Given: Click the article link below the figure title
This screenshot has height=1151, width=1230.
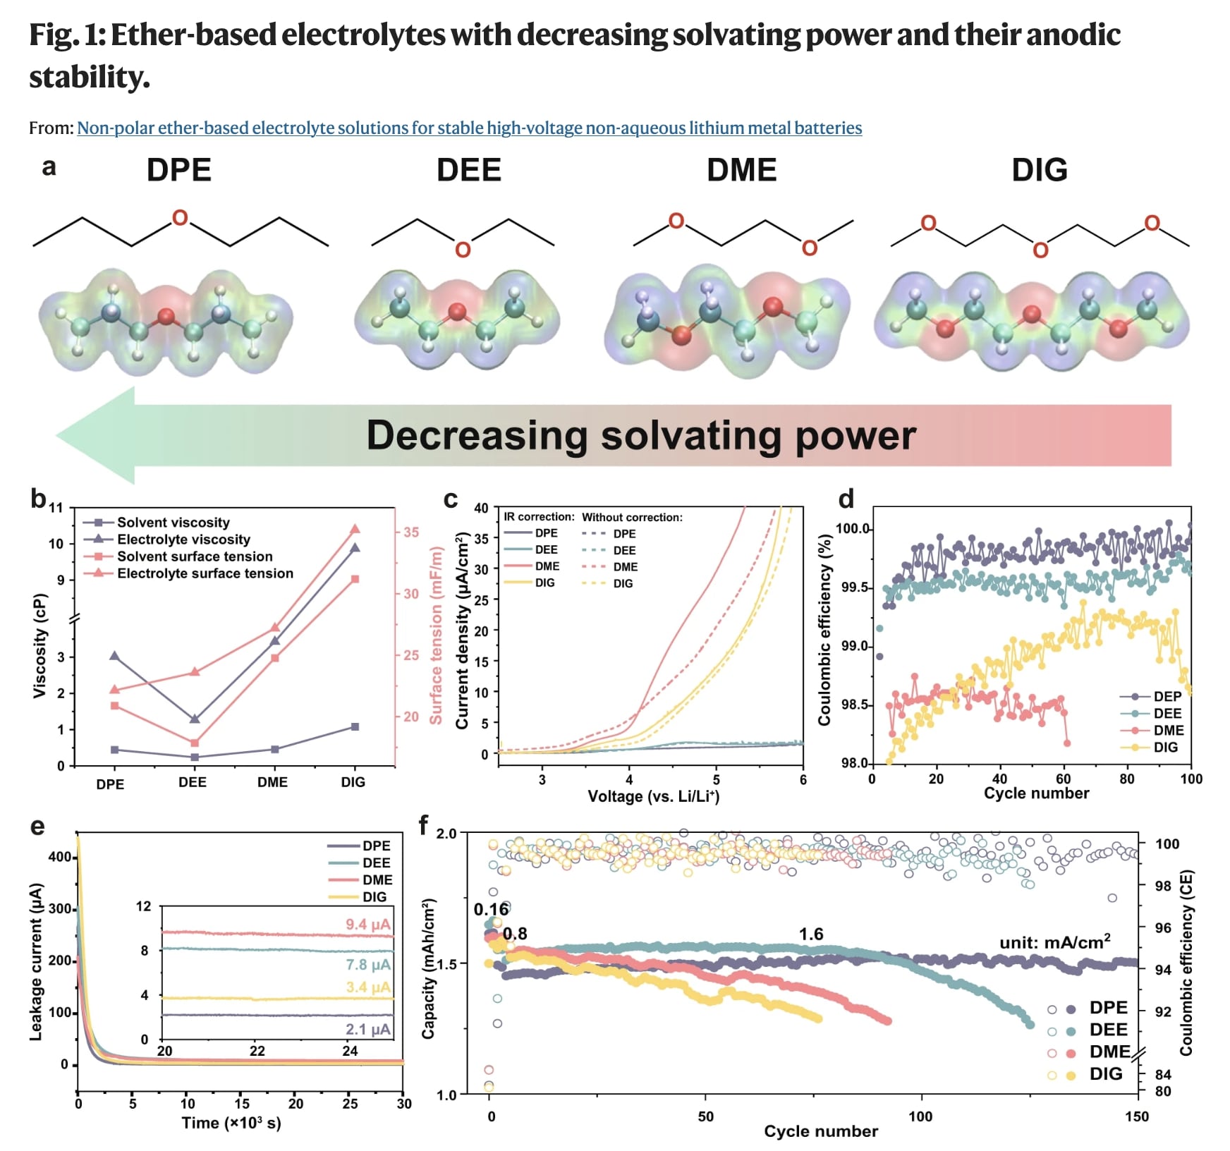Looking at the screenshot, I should click(469, 128).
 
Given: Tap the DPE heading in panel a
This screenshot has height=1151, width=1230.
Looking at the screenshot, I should click(178, 170).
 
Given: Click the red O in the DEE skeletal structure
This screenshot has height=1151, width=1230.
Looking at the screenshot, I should click(463, 250).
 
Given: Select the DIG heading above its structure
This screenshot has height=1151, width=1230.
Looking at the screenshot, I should click(1039, 170).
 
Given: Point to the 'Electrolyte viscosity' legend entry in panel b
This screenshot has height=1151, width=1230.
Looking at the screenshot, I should click(183, 540).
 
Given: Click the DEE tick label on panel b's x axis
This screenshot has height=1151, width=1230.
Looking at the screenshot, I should click(192, 782).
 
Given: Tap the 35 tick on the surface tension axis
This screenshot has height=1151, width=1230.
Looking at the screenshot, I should click(411, 532).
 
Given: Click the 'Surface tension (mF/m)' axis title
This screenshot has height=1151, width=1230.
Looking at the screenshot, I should click(436, 635).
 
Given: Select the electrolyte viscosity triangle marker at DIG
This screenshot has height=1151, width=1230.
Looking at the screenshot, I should click(355, 547).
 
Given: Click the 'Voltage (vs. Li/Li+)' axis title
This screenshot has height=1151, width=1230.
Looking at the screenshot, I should click(653, 796).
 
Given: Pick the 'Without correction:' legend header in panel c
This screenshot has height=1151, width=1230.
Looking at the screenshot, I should click(632, 517).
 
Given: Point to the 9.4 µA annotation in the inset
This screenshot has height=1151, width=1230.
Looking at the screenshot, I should click(367, 924).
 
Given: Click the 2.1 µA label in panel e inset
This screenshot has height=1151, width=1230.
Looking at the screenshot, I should click(367, 1029).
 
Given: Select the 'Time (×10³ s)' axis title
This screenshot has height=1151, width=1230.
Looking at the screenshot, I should click(231, 1123).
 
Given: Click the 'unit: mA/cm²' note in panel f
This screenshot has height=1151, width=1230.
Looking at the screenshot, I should click(1054, 942).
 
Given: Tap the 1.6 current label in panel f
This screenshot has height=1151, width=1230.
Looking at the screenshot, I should click(810, 934).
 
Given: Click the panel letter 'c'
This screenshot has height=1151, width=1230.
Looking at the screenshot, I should click(450, 499).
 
